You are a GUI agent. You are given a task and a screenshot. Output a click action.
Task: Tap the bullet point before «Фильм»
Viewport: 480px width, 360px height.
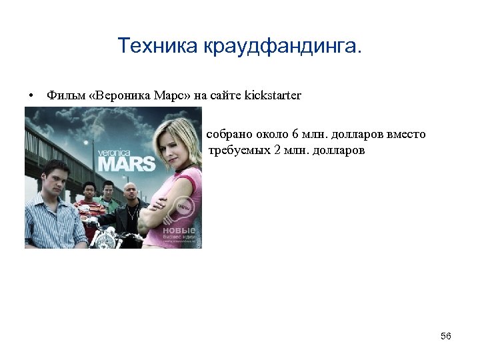coord(31,96)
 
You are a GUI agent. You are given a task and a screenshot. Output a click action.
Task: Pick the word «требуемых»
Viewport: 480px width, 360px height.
coord(240,150)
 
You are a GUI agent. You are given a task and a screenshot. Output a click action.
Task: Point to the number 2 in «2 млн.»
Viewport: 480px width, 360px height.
coord(277,150)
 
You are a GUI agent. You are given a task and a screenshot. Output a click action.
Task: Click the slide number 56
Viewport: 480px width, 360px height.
coord(445,336)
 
